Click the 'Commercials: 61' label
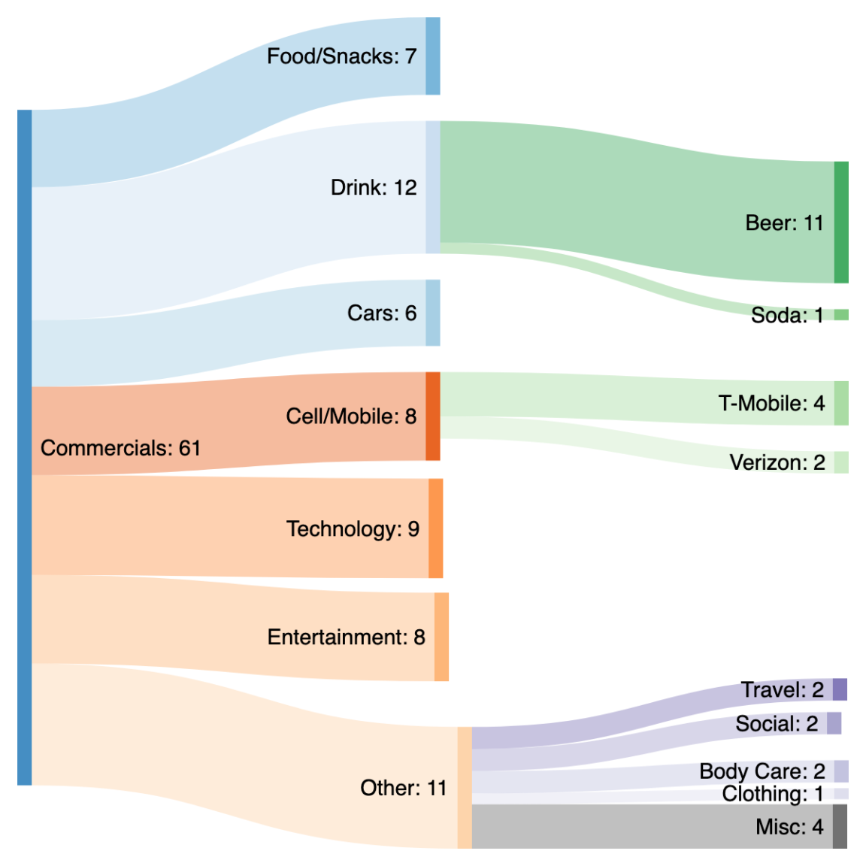[120, 448]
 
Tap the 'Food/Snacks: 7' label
[341, 56]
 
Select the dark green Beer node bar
[840, 222]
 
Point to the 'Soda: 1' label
[786, 315]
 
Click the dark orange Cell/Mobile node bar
[432, 416]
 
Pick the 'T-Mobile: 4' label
[771, 404]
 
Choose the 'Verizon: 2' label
[777, 462]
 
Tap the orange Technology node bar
[435, 528]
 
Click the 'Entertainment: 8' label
[346, 637]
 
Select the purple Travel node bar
[839, 689]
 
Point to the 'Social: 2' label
[776, 724]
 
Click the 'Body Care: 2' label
[762, 771]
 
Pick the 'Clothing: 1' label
[772, 794]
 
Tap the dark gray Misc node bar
[839, 826]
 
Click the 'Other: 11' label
[403, 788]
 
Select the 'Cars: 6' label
[381, 313]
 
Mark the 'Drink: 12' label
[373, 188]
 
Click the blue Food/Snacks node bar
[432, 56]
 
